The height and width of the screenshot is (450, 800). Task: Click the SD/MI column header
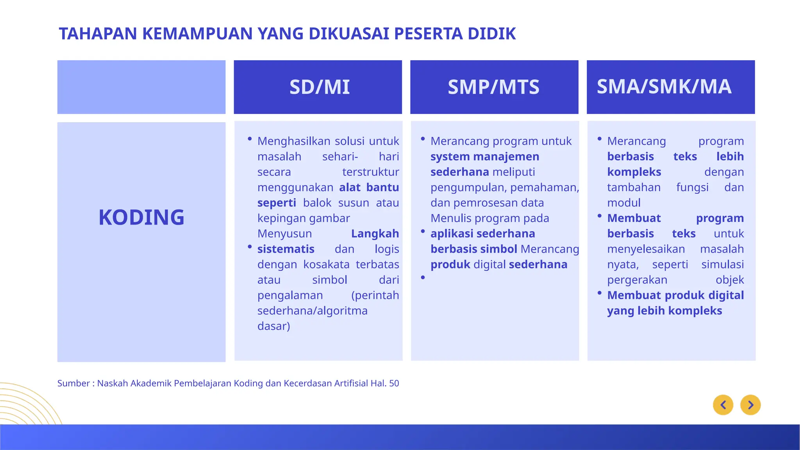[319, 87]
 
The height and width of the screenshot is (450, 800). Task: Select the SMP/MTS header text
[493, 87]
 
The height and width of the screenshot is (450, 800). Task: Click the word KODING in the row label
[141, 217]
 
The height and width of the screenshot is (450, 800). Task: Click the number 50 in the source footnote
[394, 383]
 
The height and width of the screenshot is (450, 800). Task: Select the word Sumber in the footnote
[73, 383]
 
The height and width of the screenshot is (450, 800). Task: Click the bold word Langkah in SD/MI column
[375, 234]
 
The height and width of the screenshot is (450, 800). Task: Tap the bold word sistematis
[286, 249]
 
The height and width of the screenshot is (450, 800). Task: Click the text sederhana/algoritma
[312, 311]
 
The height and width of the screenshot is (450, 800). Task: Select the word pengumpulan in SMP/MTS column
[468, 187]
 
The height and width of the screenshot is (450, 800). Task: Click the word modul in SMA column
[623, 203]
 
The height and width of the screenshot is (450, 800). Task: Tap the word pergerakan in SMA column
[637, 280]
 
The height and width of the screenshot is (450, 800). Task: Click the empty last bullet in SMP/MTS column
[423, 277]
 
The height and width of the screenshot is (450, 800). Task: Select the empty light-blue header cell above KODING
[141, 87]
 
